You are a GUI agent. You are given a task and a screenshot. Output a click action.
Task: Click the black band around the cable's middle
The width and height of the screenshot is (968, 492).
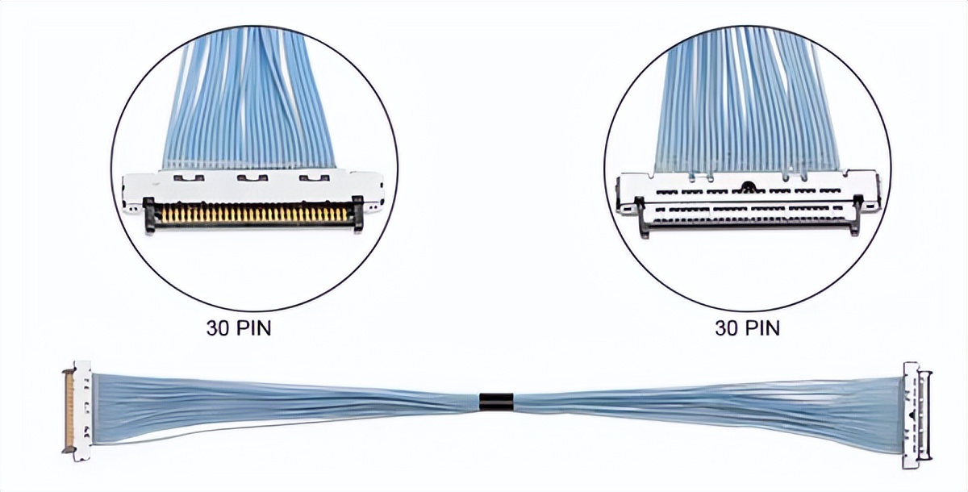click(x=496, y=401)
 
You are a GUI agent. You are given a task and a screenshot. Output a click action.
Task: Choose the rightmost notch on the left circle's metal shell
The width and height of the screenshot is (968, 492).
click(x=310, y=175)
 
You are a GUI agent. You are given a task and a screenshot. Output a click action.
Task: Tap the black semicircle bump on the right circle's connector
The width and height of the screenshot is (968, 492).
click(x=749, y=189)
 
